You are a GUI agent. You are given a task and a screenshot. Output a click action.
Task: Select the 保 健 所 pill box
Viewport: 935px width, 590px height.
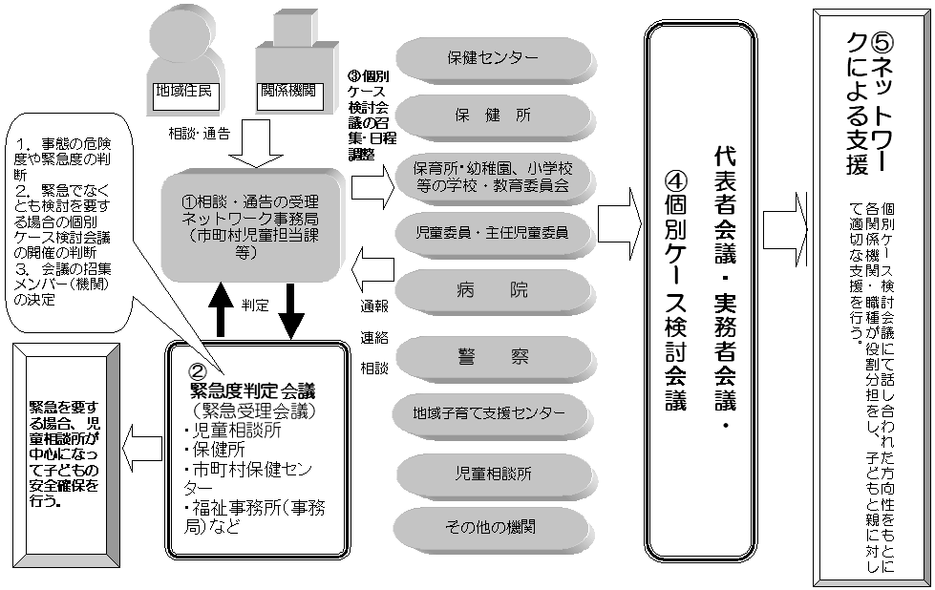(x=493, y=116)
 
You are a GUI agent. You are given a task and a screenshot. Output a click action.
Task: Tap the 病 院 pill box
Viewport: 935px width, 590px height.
(x=493, y=289)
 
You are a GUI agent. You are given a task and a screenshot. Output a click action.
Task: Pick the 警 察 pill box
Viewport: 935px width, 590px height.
(x=493, y=356)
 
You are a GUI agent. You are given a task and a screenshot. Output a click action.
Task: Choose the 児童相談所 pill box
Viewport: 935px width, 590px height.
(x=493, y=473)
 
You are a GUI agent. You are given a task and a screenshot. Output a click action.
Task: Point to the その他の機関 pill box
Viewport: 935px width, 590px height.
(x=493, y=526)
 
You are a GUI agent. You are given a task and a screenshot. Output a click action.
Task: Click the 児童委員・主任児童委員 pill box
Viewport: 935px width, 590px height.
(x=493, y=231)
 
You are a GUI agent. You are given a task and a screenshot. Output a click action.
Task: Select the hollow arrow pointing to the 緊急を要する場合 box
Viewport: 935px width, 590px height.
(x=142, y=442)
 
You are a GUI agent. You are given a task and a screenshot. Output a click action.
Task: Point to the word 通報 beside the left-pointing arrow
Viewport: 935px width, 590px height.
(x=374, y=308)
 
